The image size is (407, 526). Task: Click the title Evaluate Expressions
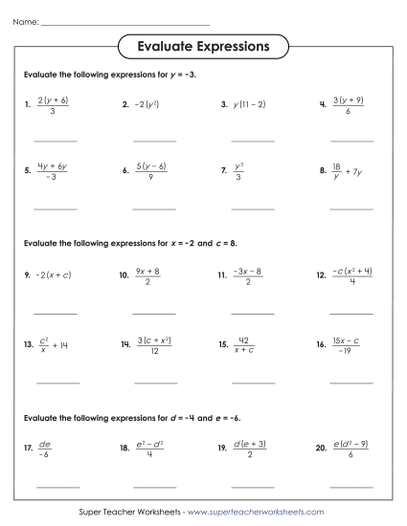point(202,46)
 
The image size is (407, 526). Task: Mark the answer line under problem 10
point(153,312)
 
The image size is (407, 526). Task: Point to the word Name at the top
point(26,21)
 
